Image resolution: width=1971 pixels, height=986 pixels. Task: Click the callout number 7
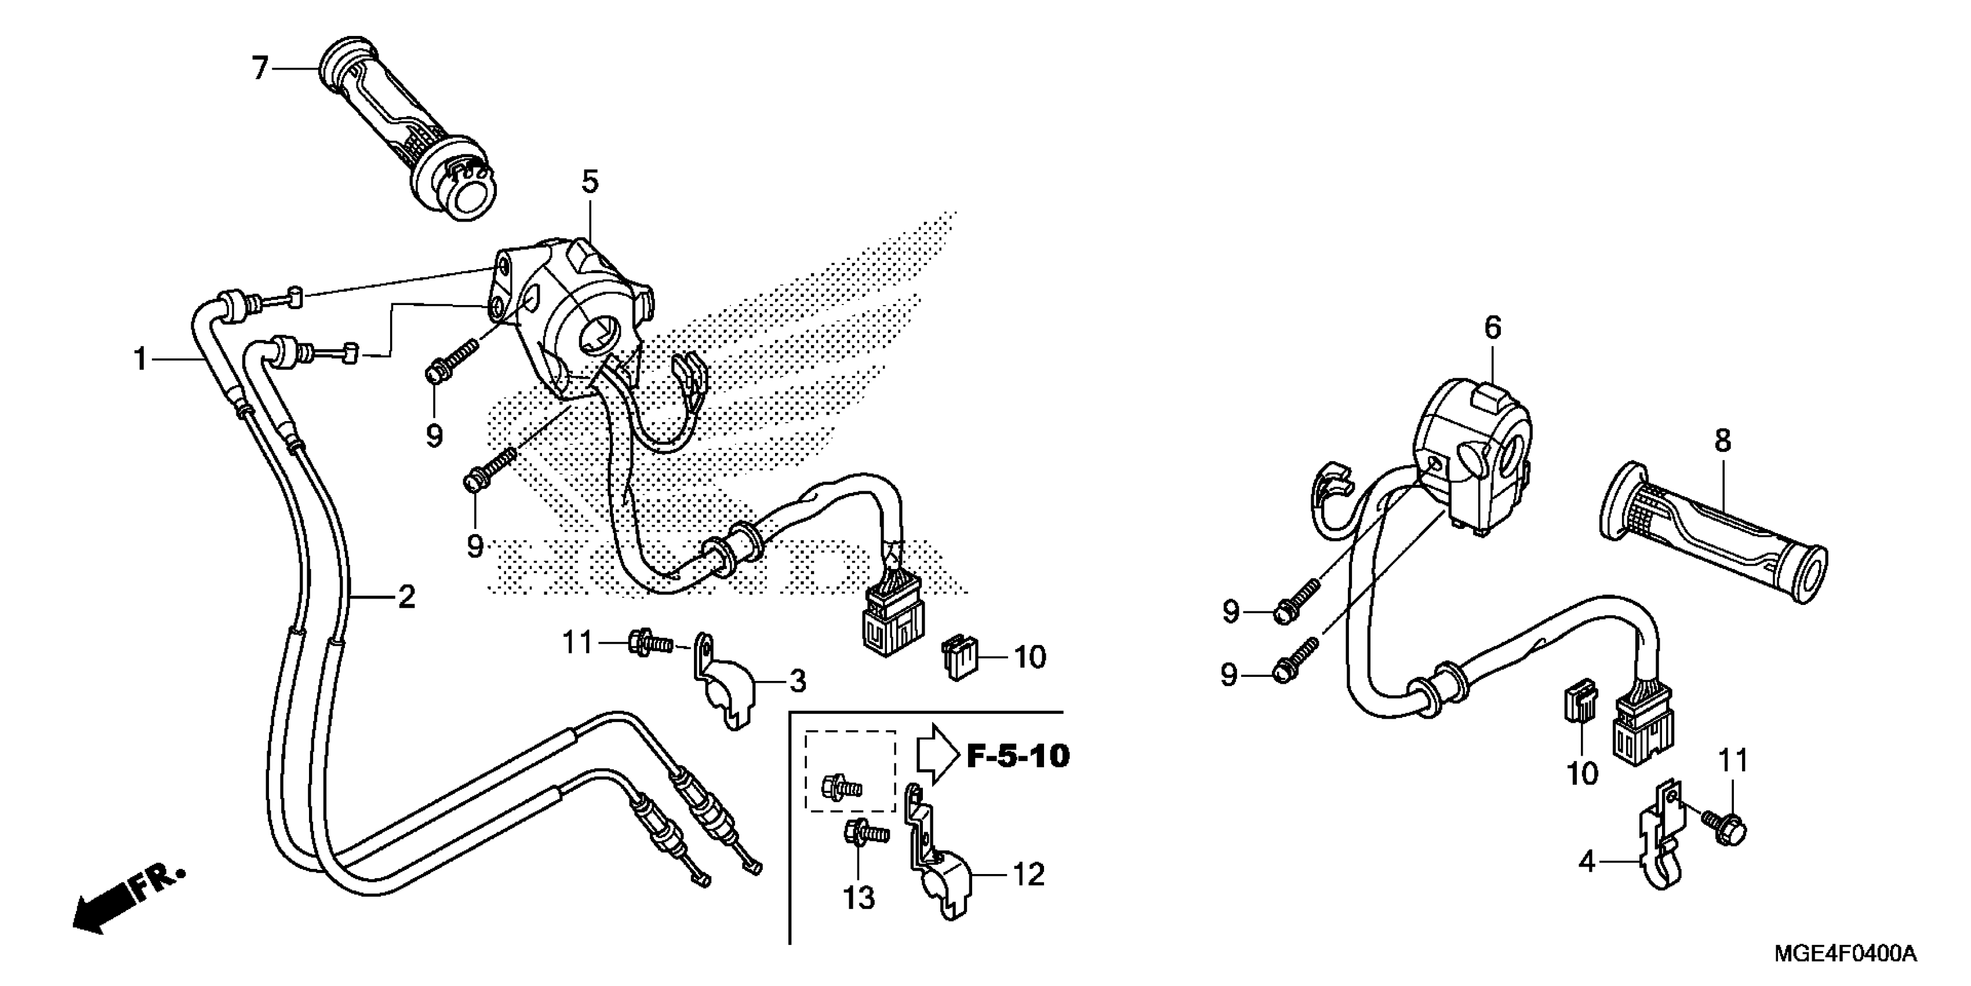(x=260, y=69)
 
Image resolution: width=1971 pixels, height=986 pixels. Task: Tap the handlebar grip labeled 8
(x=1714, y=536)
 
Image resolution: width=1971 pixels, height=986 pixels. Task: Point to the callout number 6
(x=1493, y=328)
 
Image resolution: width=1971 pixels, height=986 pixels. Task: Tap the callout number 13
(x=859, y=897)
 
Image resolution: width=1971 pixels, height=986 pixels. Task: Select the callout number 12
(x=1029, y=873)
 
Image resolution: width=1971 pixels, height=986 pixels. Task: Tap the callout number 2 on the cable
(x=406, y=596)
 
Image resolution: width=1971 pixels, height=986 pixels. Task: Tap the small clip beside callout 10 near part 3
(x=957, y=655)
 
